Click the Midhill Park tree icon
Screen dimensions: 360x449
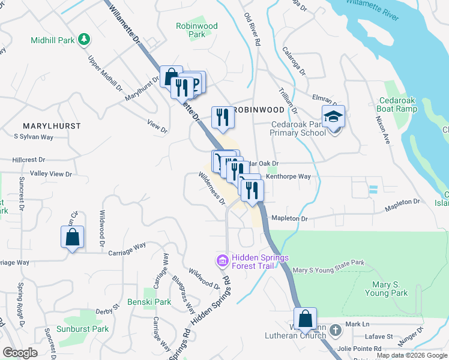(x=85, y=40)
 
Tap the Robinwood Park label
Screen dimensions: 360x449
(x=196, y=30)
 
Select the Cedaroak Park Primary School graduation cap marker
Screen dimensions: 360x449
(x=334, y=116)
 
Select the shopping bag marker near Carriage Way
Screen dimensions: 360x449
(x=72, y=236)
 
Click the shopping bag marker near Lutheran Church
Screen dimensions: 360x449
(x=305, y=319)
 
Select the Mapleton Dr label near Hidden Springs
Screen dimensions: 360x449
(x=289, y=219)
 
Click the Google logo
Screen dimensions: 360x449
(x=20, y=352)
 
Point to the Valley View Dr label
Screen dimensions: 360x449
(x=51, y=174)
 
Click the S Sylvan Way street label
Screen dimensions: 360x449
(x=34, y=137)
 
